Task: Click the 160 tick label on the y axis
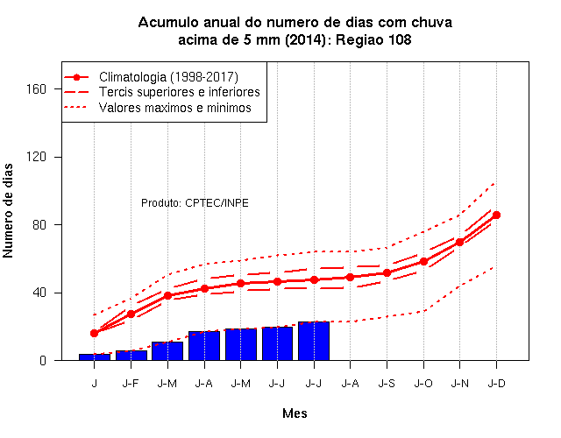[x=37, y=89]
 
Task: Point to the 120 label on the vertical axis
[x=37, y=157]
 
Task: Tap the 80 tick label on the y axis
[x=39, y=225]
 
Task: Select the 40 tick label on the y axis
[x=39, y=293]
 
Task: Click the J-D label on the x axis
[x=497, y=384]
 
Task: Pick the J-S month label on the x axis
[x=387, y=384]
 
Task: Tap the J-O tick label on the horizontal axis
[x=423, y=384]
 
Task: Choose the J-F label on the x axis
[x=131, y=384]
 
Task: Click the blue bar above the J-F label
[x=131, y=356]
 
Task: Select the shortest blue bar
[x=95, y=357]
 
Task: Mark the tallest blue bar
[x=314, y=341]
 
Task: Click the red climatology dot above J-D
[x=497, y=215]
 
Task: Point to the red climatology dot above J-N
[x=459, y=242]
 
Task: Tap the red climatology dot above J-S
[x=387, y=272]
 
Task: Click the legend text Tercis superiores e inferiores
[x=179, y=92]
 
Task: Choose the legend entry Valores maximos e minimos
[x=175, y=108]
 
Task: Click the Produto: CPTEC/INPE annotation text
[x=195, y=203]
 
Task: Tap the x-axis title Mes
[x=295, y=413]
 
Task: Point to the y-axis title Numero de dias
[x=8, y=211]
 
